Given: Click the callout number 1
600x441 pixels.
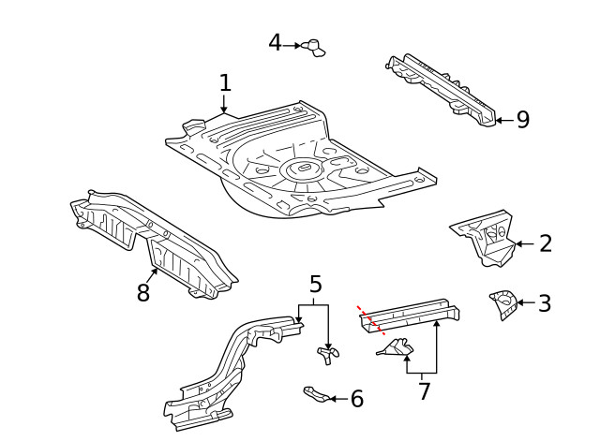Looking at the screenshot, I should (x=225, y=82).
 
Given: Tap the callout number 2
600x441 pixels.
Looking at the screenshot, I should (x=546, y=244).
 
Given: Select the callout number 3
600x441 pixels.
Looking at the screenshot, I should (x=545, y=303).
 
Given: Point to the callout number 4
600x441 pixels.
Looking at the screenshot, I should (x=275, y=43).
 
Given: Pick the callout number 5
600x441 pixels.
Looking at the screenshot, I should (x=315, y=284).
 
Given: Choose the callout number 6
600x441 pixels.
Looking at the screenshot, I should (x=356, y=400).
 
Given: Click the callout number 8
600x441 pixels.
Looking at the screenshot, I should (x=143, y=293).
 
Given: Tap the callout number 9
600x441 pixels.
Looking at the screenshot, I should (x=523, y=120).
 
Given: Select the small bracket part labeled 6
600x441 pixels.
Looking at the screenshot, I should (x=316, y=394).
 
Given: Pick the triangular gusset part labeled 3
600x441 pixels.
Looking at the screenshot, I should (x=502, y=303).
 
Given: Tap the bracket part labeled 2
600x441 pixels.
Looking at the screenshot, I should (x=484, y=238).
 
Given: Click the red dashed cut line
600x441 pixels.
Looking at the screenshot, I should (x=370, y=319).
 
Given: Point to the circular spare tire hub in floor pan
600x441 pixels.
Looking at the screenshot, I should (x=301, y=169).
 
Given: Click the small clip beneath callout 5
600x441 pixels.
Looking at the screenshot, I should (x=327, y=354).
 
